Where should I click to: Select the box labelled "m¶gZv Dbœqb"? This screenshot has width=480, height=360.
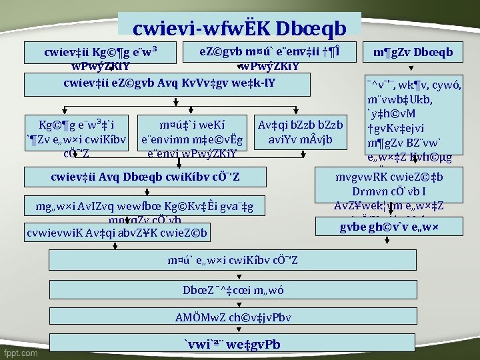tap(413, 52)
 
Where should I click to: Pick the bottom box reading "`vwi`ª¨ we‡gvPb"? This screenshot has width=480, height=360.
tap(231, 344)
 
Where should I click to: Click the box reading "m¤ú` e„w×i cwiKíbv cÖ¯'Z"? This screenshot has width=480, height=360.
tap(231, 259)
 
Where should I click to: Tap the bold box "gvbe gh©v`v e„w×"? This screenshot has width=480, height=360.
tap(398, 227)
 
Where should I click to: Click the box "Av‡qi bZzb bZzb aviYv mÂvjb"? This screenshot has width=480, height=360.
tap(300, 133)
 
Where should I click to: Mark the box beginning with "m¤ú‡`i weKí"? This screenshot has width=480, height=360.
tap(191, 139)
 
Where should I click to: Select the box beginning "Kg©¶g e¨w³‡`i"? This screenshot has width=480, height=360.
tap(75, 139)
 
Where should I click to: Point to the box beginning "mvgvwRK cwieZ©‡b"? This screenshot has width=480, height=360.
tap(398, 191)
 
